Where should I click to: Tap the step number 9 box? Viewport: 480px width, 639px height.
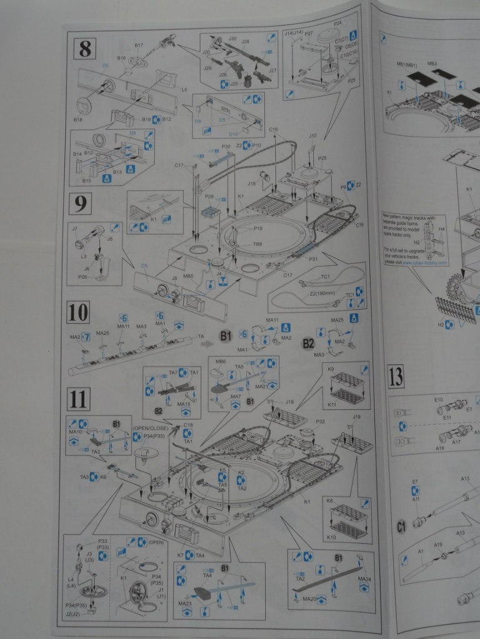pyautogui.click(x=82, y=204)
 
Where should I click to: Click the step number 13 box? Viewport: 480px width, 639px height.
pyautogui.click(x=395, y=377)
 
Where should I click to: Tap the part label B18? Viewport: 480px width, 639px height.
pyautogui.click(x=79, y=119)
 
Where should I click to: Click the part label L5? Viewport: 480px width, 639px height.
pyautogui.click(x=184, y=90)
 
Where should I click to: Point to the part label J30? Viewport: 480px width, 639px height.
pyautogui.click(x=232, y=39)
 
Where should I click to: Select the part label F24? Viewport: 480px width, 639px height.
pyautogui.click(x=337, y=24)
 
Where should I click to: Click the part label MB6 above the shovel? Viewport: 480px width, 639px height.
pyautogui.click(x=220, y=361)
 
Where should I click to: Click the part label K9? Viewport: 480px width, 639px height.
pyautogui.click(x=331, y=369)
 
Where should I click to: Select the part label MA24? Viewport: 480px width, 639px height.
pyautogui.click(x=364, y=578)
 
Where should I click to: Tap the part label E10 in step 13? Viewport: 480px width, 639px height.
pyautogui.click(x=438, y=400)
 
